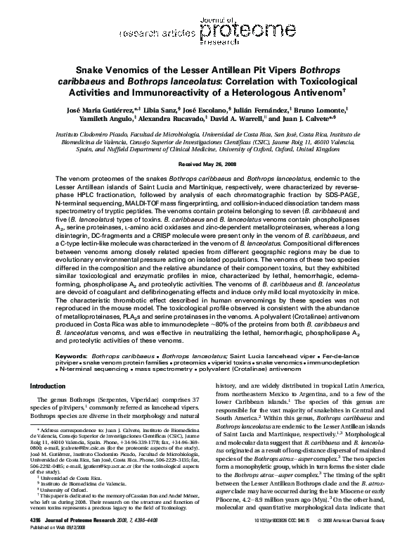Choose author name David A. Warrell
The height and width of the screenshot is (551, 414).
click(x=257, y=120)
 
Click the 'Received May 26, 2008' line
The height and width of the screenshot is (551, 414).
click(x=207, y=163)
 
